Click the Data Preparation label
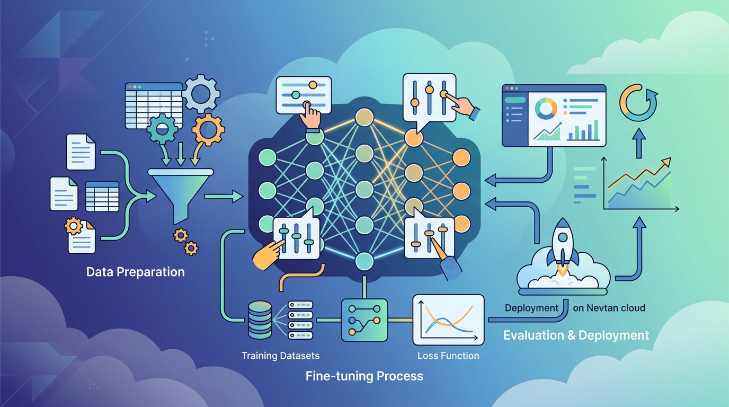136,272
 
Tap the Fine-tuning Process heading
364,376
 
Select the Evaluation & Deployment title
576,335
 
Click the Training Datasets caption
281,356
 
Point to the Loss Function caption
448,356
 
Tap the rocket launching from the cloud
563,247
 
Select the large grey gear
201,94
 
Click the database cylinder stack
260,321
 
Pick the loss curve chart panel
448,320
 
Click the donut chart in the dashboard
546,109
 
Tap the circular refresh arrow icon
638,103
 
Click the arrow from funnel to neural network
224,196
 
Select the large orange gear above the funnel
208,130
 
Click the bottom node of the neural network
364,261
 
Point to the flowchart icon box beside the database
364,320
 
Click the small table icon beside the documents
102,197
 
